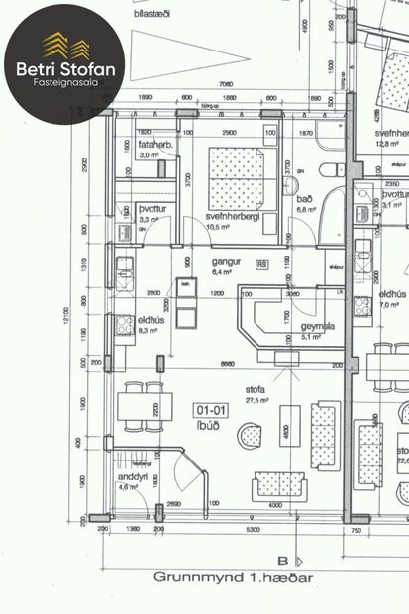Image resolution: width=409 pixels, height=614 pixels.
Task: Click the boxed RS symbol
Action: (x=262, y=264)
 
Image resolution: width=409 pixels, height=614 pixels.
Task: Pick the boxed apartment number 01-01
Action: (x=212, y=408)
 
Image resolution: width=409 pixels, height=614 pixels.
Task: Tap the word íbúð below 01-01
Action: (x=212, y=421)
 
